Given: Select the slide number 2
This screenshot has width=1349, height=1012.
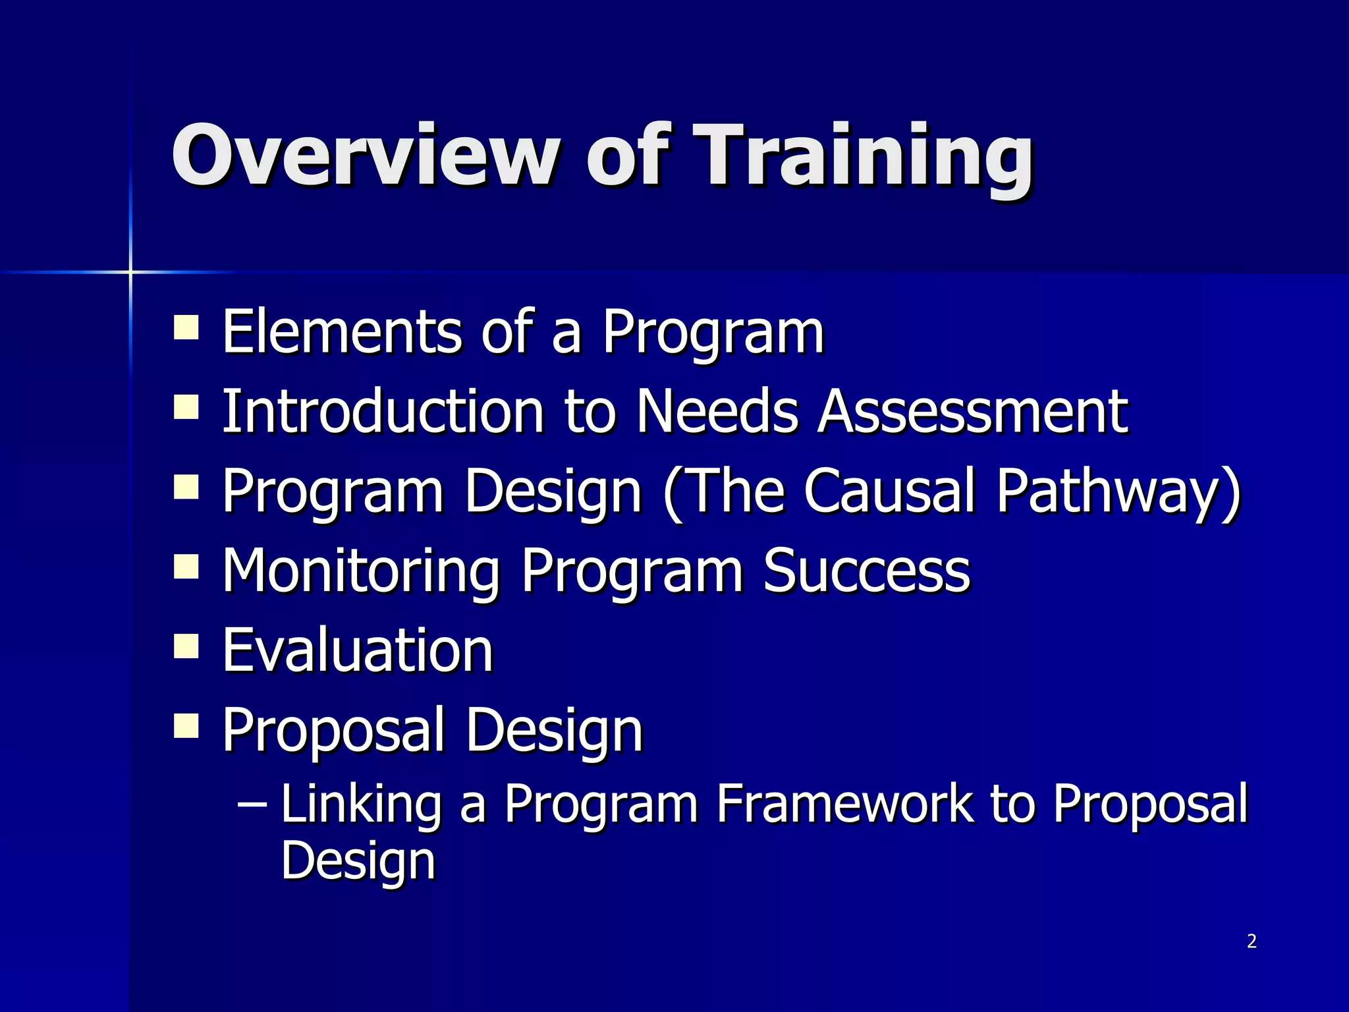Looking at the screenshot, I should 1252,942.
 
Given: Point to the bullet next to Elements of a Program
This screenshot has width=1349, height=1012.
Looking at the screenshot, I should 186,327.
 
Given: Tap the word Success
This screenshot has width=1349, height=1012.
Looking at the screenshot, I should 866,571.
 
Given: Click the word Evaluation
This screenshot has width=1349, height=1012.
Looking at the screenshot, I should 358,651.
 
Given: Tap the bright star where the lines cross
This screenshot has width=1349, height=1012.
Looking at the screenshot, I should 130,271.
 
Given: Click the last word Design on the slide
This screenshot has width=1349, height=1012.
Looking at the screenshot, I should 358,860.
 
